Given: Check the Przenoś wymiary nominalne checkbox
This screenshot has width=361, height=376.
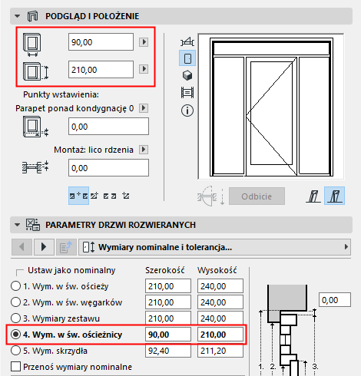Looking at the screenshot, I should click(x=17, y=366).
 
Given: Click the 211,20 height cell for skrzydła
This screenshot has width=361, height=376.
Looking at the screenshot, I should click(x=219, y=351).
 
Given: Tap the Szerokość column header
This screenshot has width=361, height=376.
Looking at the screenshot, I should click(x=167, y=271).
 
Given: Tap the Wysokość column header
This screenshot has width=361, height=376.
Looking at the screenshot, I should click(x=219, y=271).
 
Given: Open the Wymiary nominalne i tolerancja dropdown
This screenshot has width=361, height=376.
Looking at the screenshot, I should click(x=220, y=247).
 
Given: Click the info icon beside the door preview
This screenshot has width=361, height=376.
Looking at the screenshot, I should click(x=186, y=110).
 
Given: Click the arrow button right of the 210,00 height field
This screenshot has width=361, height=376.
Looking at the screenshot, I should click(x=143, y=70).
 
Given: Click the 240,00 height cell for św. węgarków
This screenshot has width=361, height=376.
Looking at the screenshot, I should click(x=219, y=302).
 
